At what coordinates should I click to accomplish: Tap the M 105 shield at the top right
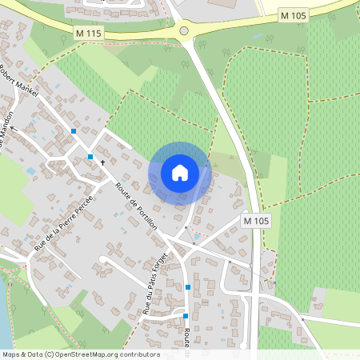[293, 16]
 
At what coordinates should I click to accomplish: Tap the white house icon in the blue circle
[180, 173]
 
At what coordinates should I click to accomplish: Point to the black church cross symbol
[102, 162]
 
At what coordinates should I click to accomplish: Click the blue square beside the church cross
[90, 157]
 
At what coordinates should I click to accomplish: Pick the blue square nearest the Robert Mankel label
[74, 130]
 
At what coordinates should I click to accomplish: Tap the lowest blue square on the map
[185, 316]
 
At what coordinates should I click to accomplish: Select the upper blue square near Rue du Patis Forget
[188, 286]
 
